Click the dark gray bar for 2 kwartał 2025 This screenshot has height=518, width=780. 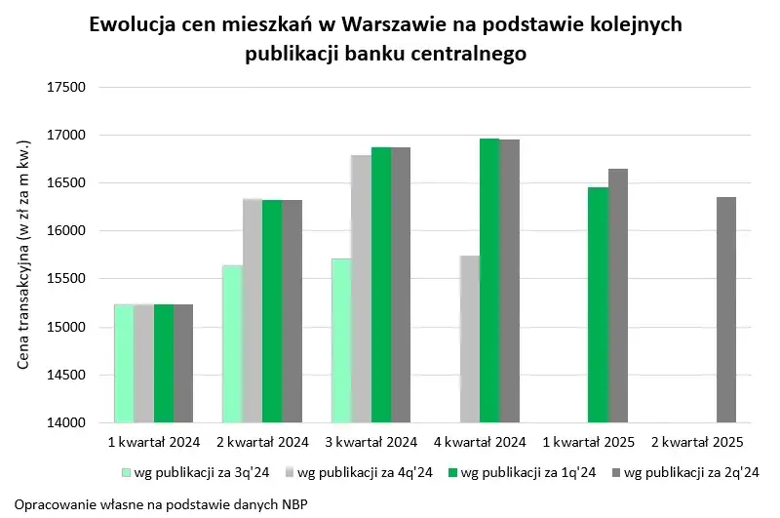[726, 310]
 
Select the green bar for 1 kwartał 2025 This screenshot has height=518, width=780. [598, 304]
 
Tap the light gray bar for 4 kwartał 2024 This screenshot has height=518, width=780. [469, 339]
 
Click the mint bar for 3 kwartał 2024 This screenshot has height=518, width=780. [340, 340]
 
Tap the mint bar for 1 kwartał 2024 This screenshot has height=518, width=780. [124, 363]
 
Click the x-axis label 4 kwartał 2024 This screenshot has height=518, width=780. [480, 442]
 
